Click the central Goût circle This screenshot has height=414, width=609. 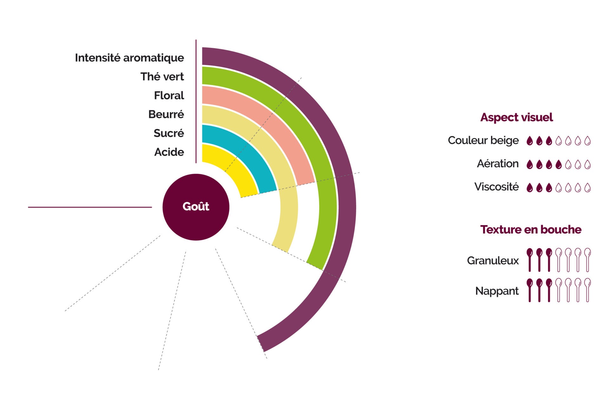[x=196, y=207]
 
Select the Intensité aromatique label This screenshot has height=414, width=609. [x=129, y=58]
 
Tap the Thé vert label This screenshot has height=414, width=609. [x=162, y=76]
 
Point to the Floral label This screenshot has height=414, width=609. [x=169, y=95]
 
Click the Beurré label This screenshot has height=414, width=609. [x=166, y=114]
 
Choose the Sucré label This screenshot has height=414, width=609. [x=168, y=133]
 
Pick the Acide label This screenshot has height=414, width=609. [x=169, y=152]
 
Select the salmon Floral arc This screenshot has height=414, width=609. [x=279, y=127]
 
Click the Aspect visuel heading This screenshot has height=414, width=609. [x=516, y=117]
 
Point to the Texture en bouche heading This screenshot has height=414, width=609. [x=531, y=230]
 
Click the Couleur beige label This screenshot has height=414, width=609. [x=483, y=140]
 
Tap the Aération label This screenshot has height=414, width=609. [x=498, y=164]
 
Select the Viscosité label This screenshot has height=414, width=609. [x=496, y=187]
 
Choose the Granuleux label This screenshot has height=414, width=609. [x=493, y=261]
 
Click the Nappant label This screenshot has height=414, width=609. [x=497, y=291]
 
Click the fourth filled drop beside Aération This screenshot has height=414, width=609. [x=559, y=164]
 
